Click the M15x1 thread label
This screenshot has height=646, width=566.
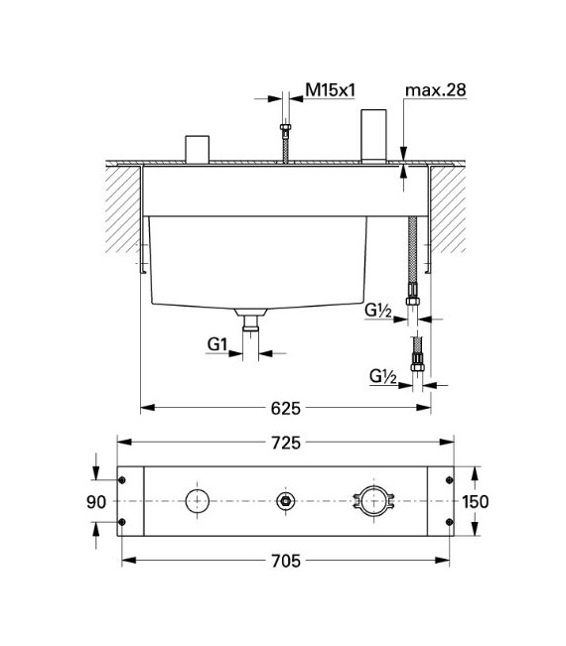tap(331, 90)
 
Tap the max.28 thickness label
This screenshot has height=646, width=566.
tap(434, 90)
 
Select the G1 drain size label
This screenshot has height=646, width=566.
tap(218, 344)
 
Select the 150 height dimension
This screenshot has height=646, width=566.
tap(476, 502)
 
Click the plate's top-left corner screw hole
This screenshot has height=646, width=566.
tap(122, 480)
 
